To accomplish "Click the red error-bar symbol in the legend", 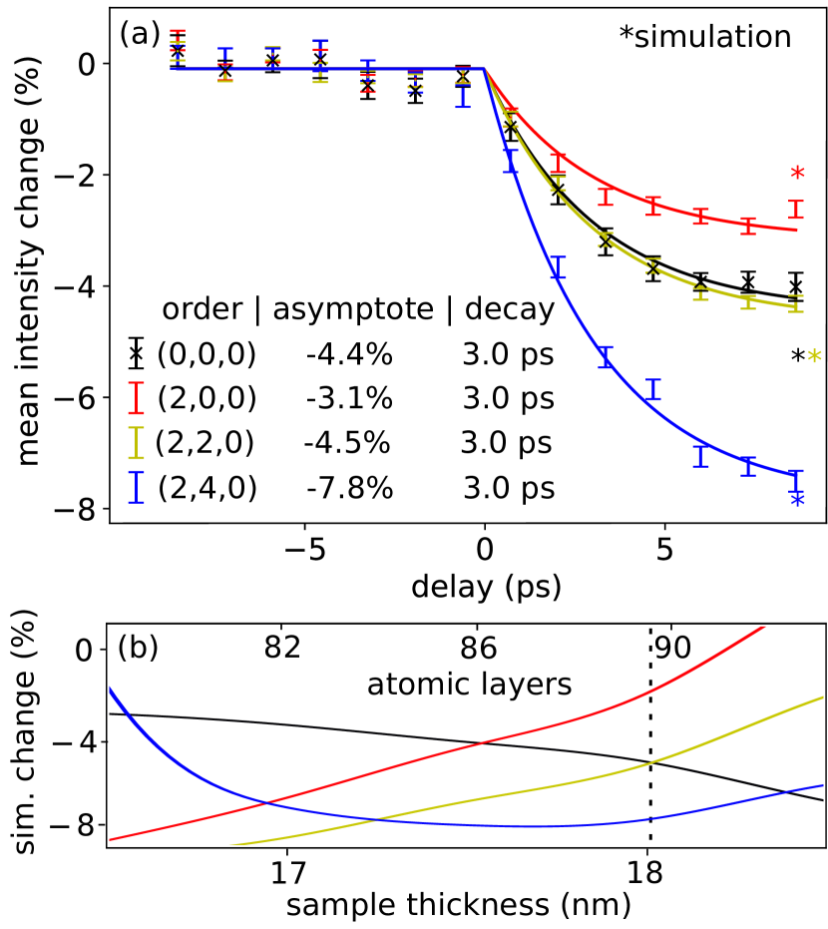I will [136, 397].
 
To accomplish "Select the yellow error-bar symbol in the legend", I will [136, 442].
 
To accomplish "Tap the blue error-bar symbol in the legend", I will [136, 487].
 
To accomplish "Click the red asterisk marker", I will [797, 173].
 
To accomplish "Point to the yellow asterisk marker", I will [814, 356].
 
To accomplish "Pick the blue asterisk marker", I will [797, 499].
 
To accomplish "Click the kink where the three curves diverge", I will [485, 69].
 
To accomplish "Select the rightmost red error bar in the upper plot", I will [796, 210].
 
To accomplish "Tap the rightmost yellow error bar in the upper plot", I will [796, 303].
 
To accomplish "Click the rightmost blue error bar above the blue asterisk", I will [796, 479].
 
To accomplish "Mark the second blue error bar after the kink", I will [558, 266].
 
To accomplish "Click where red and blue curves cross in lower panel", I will [266, 801].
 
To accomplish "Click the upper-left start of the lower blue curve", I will [110, 689].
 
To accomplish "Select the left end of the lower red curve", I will [111, 839].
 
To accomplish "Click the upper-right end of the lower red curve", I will [765, 627].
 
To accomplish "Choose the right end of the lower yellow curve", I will [823, 697].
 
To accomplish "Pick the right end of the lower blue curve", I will [823, 785].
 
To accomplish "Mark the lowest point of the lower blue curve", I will [519, 826].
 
